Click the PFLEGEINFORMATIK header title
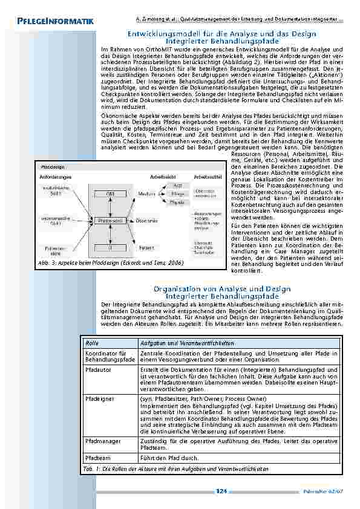point(51,22)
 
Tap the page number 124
point(221,492)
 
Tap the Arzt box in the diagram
point(177,184)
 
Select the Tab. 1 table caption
point(166,469)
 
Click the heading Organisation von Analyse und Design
point(221,289)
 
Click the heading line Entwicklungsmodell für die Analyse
point(221,34)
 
